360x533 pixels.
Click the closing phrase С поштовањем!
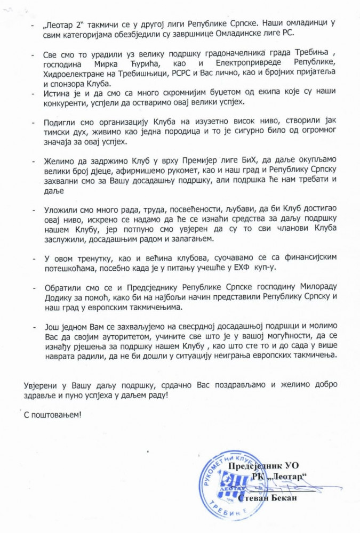point(53,414)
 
